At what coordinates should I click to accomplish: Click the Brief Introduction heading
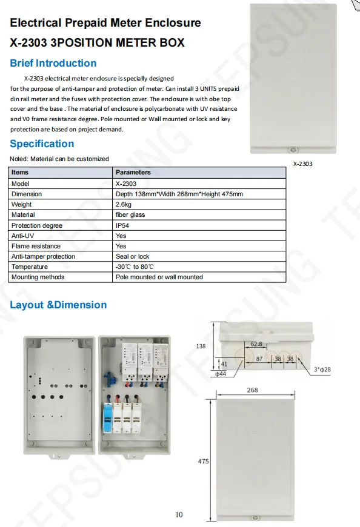(x=53, y=63)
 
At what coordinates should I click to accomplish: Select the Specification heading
(x=42, y=144)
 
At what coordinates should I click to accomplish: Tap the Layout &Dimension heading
(x=58, y=305)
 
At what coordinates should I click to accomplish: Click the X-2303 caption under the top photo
(x=302, y=164)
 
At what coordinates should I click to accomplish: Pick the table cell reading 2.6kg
(x=124, y=204)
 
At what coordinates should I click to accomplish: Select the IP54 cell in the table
(x=122, y=225)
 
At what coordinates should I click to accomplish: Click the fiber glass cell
(x=130, y=214)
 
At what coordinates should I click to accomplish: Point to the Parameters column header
(x=133, y=173)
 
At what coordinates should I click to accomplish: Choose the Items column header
(x=20, y=173)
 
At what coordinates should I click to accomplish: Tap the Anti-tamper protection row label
(x=44, y=256)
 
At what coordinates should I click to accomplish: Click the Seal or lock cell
(x=132, y=256)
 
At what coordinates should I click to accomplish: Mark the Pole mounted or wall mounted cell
(x=159, y=277)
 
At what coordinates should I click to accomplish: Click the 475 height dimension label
(x=203, y=462)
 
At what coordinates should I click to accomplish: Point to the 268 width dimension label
(x=252, y=390)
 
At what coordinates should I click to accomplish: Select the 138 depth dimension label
(x=201, y=346)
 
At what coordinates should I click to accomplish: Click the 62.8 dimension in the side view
(x=256, y=344)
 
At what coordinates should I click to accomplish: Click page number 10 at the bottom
(x=179, y=515)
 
